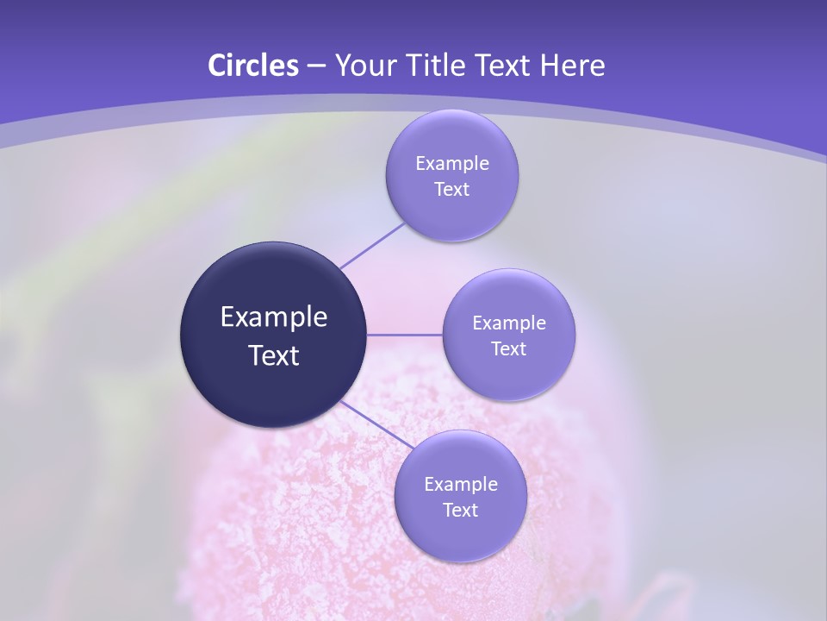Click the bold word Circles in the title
[x=253, y=66]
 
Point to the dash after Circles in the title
[x=316, y=66]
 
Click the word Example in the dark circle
[x=274, y=317]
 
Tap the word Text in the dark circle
[x=274, y=355]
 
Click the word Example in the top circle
[x=452, y=163]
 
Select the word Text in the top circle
[x=452, y=189]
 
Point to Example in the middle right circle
[x=509, y=323]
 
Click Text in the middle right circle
[x=509, y=348]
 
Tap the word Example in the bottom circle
[x=461, y=484]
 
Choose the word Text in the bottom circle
[x=461, y=510]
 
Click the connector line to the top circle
[x=372, y=246]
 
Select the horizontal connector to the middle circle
[x=405, y=335]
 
